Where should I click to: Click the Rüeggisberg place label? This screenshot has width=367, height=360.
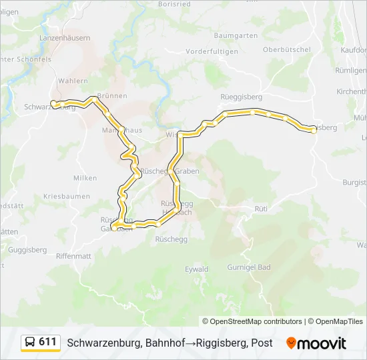[x=241, y=97]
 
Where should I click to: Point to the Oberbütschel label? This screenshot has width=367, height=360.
[x=287, y=49]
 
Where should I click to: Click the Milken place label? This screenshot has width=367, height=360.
[x=85, y=178]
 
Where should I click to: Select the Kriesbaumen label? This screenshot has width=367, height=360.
[x=66, y=197]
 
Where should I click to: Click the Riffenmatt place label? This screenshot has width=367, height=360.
[x=73, y=255]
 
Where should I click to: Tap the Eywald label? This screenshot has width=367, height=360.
[x=196, y=269]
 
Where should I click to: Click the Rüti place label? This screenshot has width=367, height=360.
[x=261, y=209]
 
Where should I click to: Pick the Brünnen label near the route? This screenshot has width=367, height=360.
[x=112, y=96]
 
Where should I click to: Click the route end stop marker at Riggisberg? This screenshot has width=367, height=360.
[x=314, y=131]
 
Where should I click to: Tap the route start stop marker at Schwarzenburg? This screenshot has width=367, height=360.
[x=53, y=103]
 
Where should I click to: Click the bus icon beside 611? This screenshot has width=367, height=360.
[x=30, y=343]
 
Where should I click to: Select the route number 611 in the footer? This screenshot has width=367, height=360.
[x=47, y=342]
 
